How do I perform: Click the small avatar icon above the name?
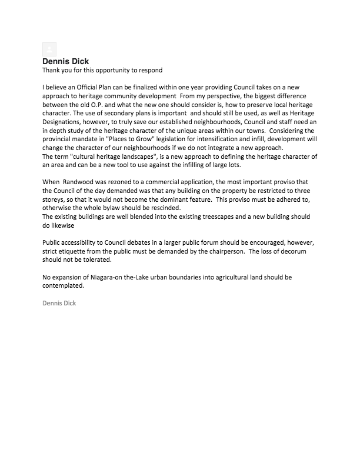[50, 50]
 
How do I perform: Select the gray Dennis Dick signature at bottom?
[59, 304]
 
